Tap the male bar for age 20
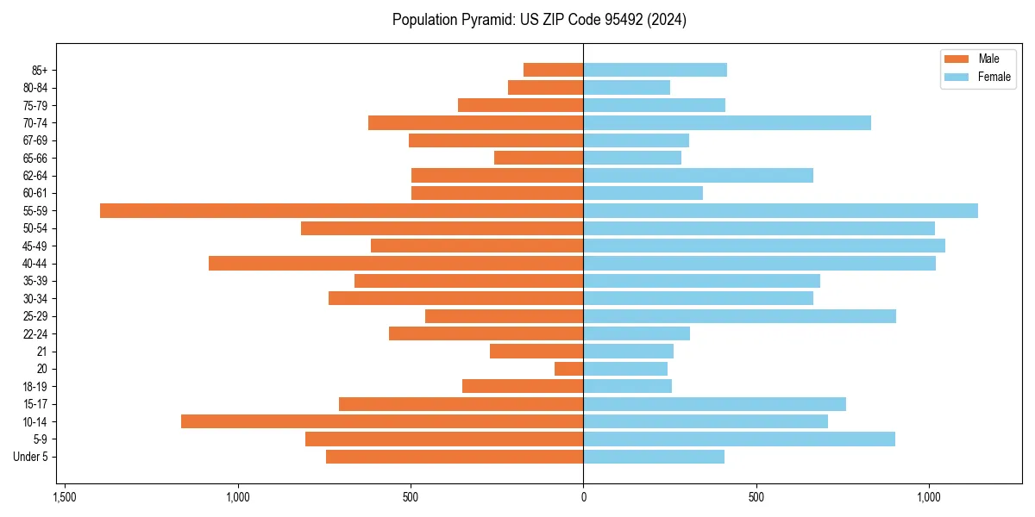[569, 369]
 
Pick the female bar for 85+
[655, 70]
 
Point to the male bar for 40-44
[396, 263]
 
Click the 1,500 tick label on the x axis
[64, 497]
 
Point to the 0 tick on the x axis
[583, 497]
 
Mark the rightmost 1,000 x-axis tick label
[929, 497]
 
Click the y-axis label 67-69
[35, 140]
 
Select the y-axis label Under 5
[30, 457]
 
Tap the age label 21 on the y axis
[41, 352]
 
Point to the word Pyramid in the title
[484, 20]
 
